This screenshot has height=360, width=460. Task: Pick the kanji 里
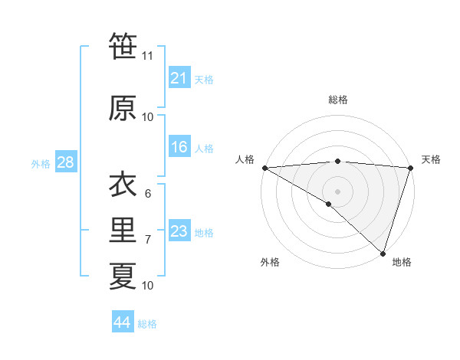click(123, 231)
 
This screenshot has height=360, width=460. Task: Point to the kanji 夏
click(123, 277)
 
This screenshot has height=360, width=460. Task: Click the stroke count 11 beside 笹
click(147, 56)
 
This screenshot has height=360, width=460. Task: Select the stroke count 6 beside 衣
click(148, 194)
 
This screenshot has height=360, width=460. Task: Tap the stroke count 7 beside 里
click(148, 240)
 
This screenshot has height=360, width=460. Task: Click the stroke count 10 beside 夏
click(147, 286)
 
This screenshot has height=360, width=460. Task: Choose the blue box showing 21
click(179, 78)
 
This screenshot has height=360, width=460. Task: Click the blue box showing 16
click(179, 148)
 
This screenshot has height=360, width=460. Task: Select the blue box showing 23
click(179, 232)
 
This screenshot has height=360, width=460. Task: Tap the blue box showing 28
click(65, 163)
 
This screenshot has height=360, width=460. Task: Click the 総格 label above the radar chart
click(337, 100)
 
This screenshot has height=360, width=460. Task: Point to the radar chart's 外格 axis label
click(270, 263)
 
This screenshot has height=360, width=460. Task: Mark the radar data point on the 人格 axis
click(264, 168)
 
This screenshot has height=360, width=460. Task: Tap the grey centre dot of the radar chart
click(337, 191)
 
